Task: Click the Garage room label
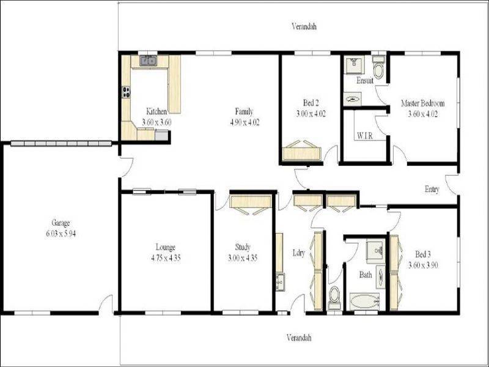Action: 59,223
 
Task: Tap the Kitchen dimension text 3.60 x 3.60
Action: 156,122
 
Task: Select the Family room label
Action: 244,111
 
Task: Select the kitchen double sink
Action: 147,61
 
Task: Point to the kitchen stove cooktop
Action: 127,93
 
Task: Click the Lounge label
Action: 166,247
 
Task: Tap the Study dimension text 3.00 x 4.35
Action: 243,258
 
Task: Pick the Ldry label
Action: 299,253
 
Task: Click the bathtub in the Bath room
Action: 364,300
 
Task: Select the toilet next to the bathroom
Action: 335,298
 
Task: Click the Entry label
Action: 432,190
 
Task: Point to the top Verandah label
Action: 304,26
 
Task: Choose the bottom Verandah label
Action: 300,338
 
